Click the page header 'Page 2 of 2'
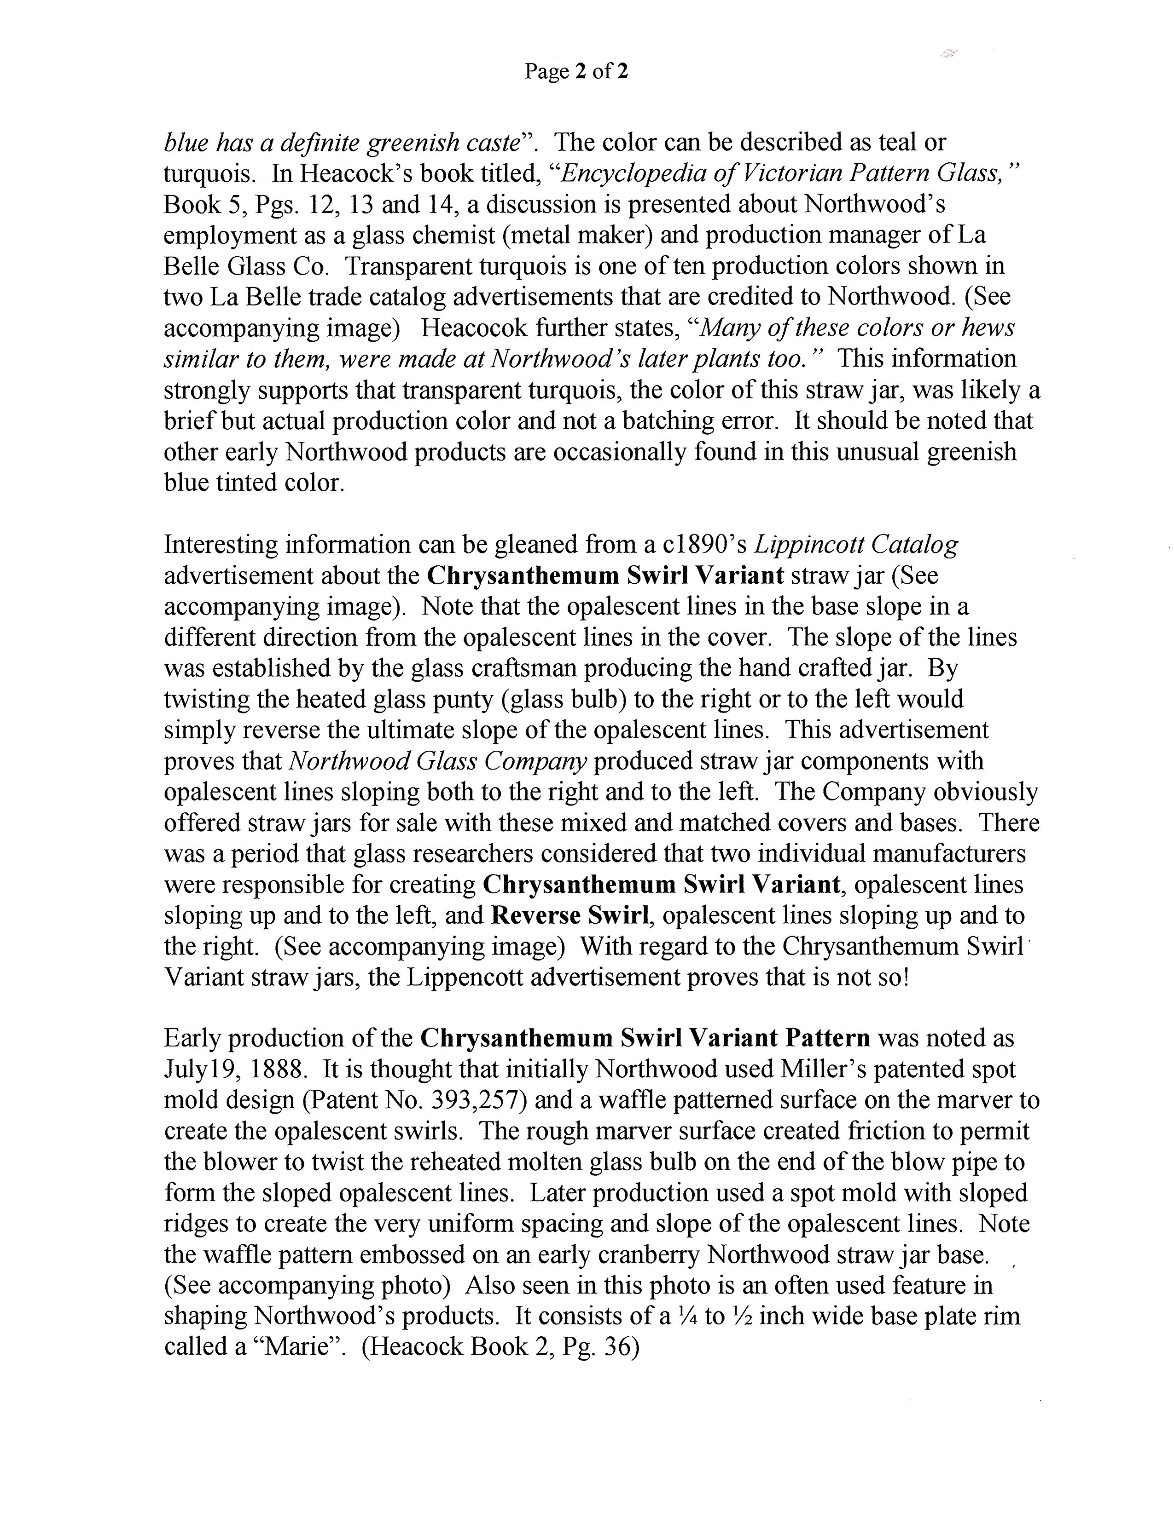[576, 72]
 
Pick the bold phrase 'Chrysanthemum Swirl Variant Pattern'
[645, 1038]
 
